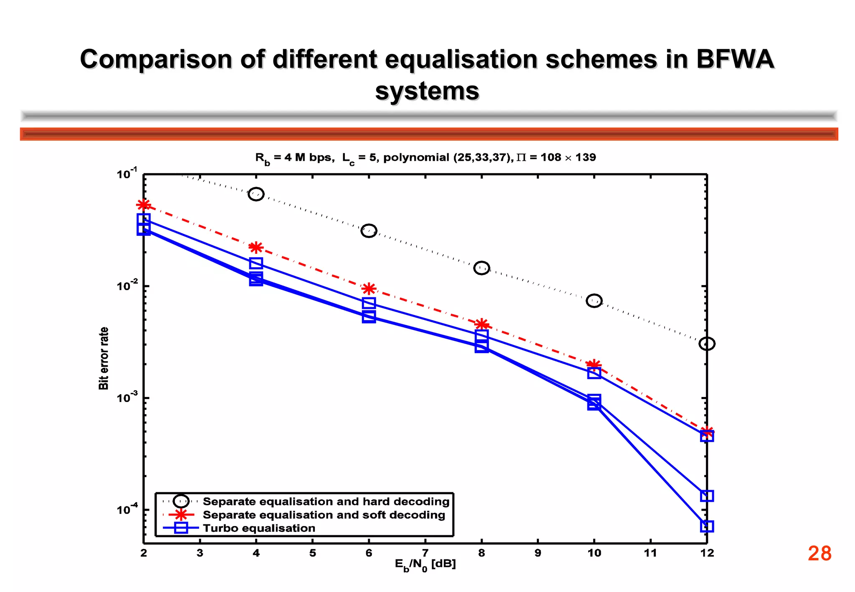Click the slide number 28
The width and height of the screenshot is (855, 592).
click(820, 554)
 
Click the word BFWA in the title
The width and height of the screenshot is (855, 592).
click(735, 59)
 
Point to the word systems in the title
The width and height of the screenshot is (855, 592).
click(427, 91)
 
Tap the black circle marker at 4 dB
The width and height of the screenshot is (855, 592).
click(256, 194)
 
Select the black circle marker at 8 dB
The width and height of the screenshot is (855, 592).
click(481, 268)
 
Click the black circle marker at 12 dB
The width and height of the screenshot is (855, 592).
click(707, 344)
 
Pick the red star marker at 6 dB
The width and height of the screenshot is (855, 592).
click(369, 288)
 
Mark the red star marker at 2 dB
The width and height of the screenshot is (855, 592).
click(144, 205)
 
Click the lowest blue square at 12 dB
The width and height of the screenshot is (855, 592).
click(707, 526)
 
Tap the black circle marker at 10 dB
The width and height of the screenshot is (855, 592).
click(594, 301)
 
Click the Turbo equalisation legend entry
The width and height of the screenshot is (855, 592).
click(259, 528)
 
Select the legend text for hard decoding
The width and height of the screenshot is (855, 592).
click(326, 501)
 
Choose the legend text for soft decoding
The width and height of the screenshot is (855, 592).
click(324, 515)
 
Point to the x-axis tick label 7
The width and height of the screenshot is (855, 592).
click(425, 553)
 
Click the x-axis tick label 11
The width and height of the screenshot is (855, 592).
click(650, 553)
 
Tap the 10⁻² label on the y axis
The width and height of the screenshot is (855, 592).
click(127, 286)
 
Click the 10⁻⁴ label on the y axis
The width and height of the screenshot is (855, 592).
click(127, 510)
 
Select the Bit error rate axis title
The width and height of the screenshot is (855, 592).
click(104, 358)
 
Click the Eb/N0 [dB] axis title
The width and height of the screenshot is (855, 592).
click(425, 564)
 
